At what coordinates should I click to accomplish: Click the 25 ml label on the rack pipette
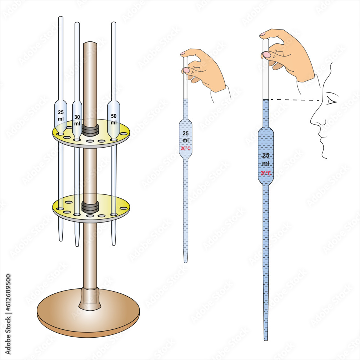click(x=60, y=115)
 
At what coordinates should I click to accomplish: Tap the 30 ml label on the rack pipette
click(x=77, y=120)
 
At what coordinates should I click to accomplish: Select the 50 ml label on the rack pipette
click(x=114, y=119)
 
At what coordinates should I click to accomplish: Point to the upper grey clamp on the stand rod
click(x=90, y=130)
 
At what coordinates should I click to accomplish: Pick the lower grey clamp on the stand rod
click(x=90, y=207)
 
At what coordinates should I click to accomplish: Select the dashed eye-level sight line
click(x=295, y=100)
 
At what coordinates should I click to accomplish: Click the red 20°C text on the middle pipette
click(x=185, y=148)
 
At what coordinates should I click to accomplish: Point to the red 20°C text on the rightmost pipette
click(x=266, y=173)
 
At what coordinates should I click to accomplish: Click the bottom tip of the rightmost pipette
click(x=266, y=339)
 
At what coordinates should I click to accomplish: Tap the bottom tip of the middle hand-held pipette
click(x=185, y=261)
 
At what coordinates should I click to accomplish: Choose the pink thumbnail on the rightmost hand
click(x=267, y=55)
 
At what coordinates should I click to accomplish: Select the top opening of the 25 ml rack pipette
click(x=60, y=17)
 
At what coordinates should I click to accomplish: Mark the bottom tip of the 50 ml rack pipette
click(x=114, y=244)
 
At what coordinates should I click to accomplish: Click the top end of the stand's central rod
click(x=90, y=44)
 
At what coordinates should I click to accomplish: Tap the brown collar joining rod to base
click(x=89, y=298)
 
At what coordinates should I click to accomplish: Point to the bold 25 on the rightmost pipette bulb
click(x=266, y=156)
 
